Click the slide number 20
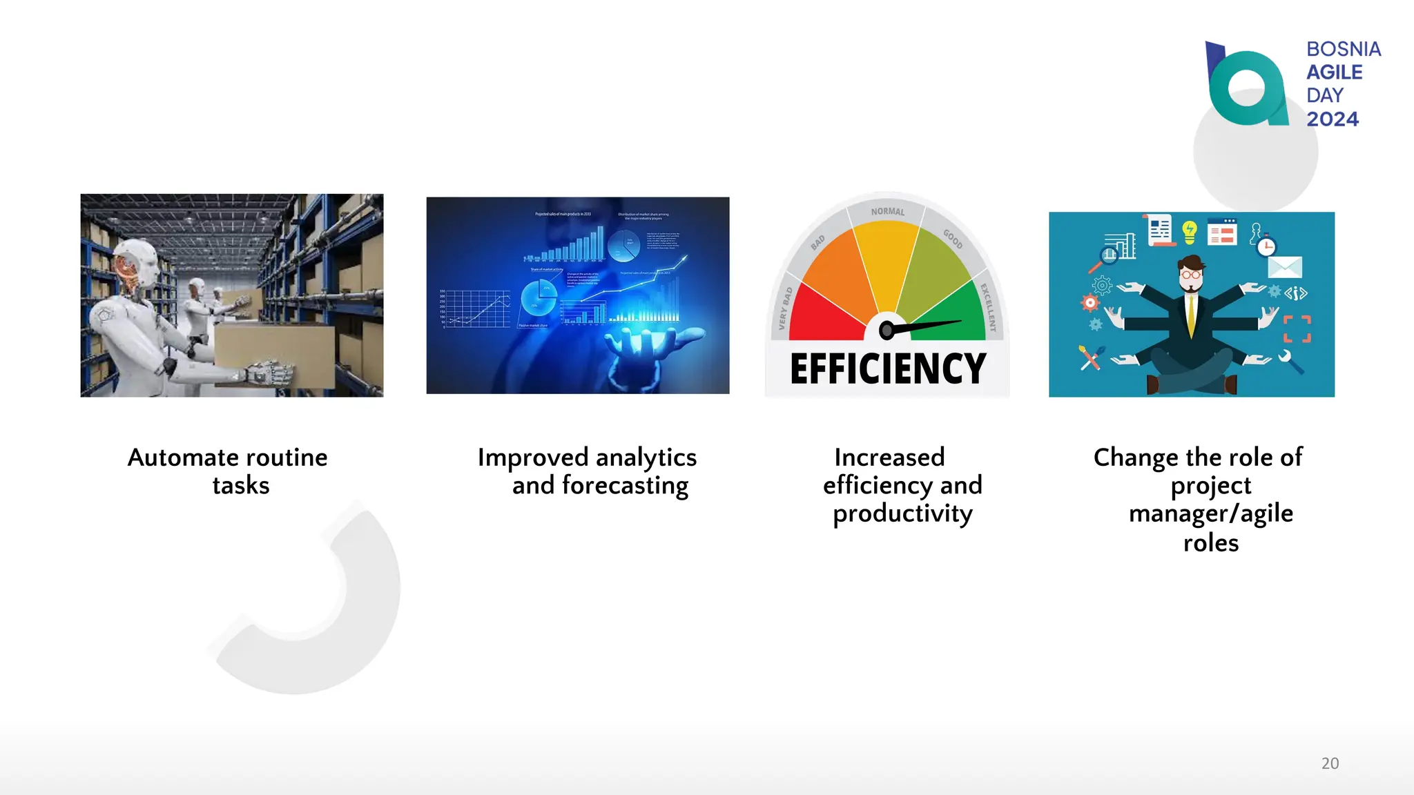[x=1330, y=763]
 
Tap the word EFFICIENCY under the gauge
[x=888, y=369]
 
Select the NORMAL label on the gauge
[x=887, y=212]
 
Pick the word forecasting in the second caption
[x=625, y=486]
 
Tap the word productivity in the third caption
[x=902, y=514]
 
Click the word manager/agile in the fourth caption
[x=1210, y=514]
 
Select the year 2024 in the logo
[x=1332, y=119]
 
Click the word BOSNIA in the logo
[x=1343, y=50]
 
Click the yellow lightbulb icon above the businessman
[x=1189, y=232]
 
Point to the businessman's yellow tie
[x=1191, y=314]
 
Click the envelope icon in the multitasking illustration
[x=1284, y=267]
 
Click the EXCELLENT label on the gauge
[x=989, y=306]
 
